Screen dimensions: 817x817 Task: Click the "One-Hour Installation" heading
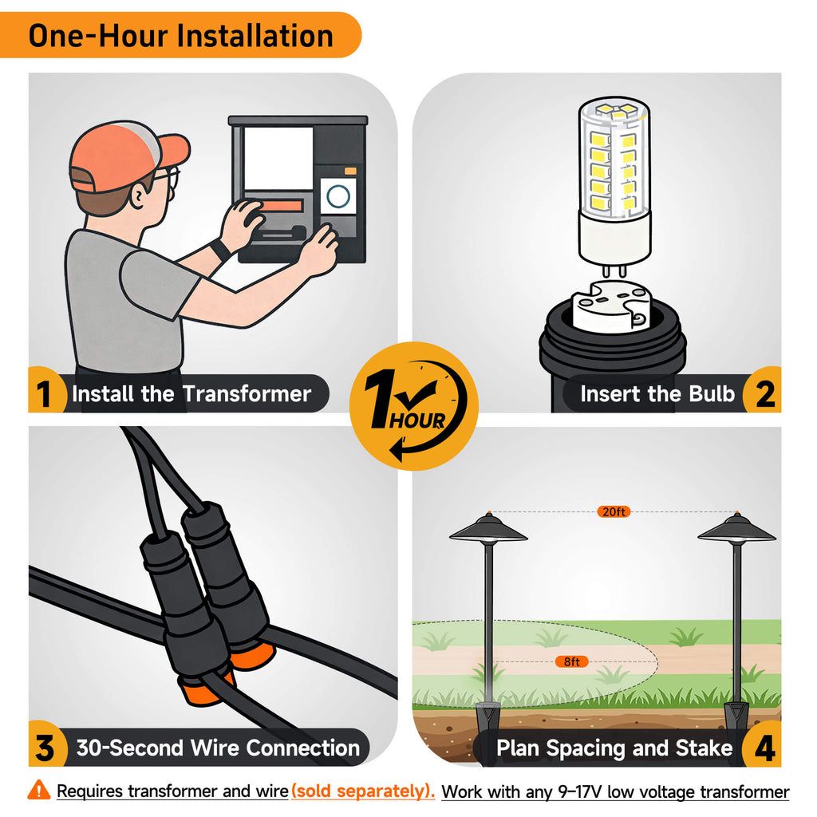180,35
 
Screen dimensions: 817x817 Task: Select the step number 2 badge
764,393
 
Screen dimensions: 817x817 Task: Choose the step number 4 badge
764,747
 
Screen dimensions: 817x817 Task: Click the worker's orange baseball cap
125,156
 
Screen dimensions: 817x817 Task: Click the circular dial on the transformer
337,196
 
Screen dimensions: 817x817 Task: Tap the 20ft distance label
614,511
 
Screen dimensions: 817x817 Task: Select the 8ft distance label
571,661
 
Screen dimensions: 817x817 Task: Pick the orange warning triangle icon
39,790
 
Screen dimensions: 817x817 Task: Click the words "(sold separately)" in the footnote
363,791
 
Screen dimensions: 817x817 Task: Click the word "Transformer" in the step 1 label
247,393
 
